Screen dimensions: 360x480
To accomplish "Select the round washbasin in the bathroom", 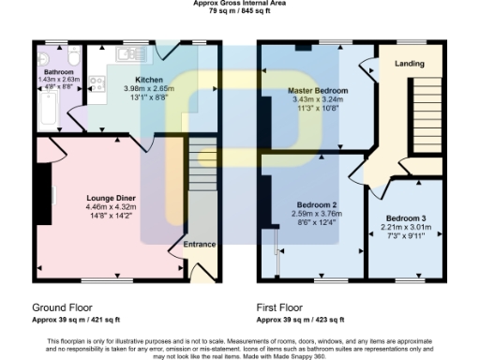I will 44,59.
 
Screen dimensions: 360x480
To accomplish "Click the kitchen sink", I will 123,57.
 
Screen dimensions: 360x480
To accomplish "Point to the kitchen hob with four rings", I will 96,89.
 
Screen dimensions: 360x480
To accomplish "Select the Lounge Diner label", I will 111,198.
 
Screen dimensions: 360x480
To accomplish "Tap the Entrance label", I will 199,245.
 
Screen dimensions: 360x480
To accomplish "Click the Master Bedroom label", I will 318,90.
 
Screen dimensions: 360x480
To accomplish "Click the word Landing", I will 409,64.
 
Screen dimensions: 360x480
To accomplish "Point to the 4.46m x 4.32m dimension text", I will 111,207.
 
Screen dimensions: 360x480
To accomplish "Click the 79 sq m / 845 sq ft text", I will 239,12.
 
